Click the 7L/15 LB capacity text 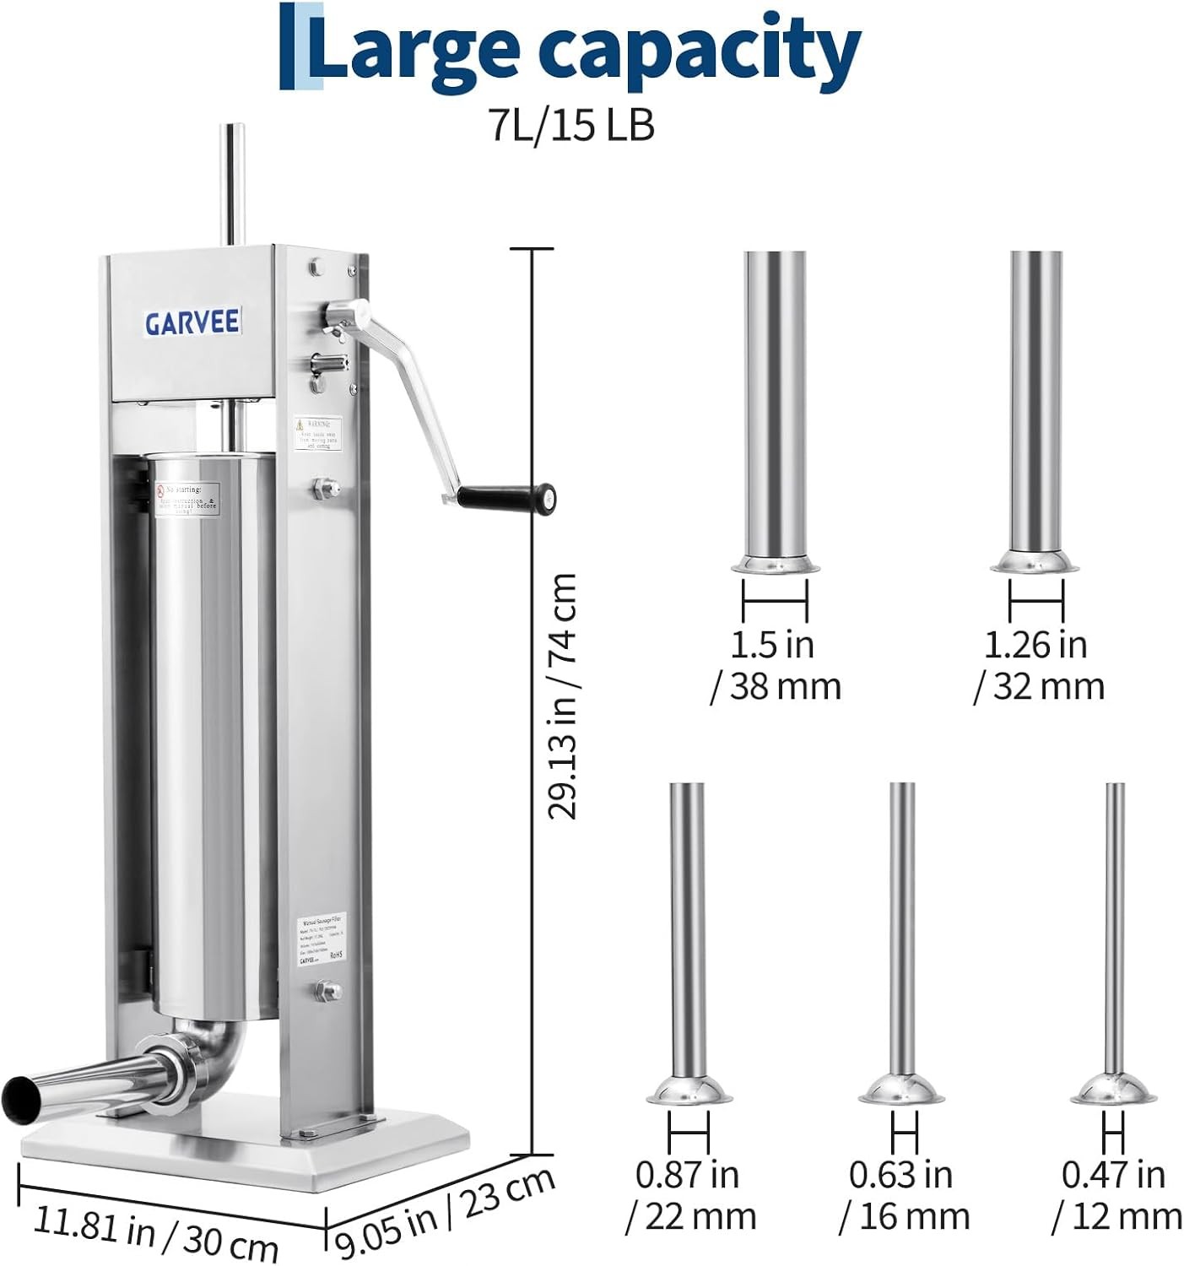(572, 126)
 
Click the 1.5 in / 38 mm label (775, 665)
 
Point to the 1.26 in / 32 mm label (1038, 665)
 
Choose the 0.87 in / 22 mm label (689, 1195)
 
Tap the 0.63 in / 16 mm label (903, 1195)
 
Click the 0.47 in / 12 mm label (1116, 1195)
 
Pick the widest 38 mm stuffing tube (775, 405)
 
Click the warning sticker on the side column (317, 433)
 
